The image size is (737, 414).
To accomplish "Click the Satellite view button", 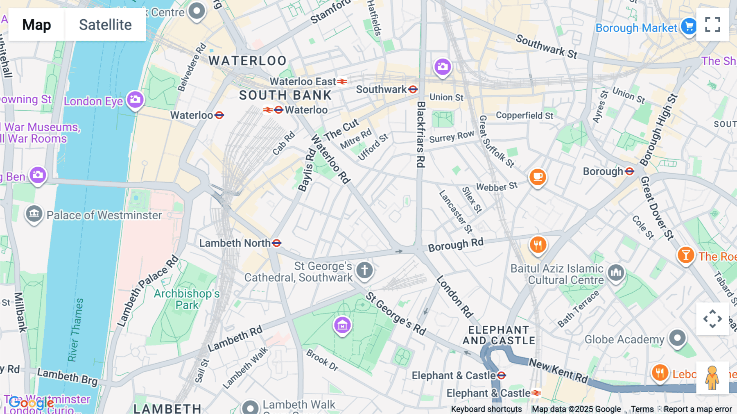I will pos(105,25).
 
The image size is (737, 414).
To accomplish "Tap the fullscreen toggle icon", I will pos(712,25).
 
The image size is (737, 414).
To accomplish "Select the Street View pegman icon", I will pos(712,378).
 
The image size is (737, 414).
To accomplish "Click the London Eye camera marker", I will pos(135,100).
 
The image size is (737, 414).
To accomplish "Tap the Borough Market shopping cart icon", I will pos(689,26).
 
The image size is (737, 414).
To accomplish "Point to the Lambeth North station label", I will pos(235,243).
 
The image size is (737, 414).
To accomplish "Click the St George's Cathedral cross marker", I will pos(364,270).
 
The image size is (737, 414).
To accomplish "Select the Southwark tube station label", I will pos(381,89).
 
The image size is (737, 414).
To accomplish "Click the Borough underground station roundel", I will pos(630,171).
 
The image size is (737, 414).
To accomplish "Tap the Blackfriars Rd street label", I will pos(420,134).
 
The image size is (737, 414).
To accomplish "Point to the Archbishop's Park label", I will pos(187,299).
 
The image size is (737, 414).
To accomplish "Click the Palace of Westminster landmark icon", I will pos(34,214).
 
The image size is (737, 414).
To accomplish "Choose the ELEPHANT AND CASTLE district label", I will pos(499,335).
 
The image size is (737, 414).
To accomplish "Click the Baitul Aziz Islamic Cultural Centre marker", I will pos(616,272).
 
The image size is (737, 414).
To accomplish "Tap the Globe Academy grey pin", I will pos(677,338).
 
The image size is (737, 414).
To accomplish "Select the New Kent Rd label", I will pos(558,370).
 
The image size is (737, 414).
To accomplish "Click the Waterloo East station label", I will pos(303,82).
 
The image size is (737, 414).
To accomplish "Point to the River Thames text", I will pos(76,330).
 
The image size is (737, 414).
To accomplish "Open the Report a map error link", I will pos(698,409).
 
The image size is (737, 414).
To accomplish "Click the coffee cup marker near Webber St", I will pos(538,177).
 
